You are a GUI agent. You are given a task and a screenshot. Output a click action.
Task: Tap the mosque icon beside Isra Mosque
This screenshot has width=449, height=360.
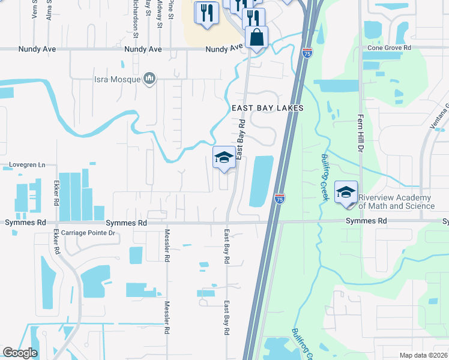pos(149,78)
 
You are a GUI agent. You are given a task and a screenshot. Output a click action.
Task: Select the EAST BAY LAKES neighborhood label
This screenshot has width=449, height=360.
pos(268,108)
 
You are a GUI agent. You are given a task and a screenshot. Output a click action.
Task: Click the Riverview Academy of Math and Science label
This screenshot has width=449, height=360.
pos(396,202)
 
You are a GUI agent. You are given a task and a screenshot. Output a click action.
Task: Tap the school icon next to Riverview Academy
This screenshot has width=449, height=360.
pos(346,192)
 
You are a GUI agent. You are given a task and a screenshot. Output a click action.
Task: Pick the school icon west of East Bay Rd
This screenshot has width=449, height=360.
pos(224,158)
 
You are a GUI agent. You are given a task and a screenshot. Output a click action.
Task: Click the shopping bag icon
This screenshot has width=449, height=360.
pos(256,37)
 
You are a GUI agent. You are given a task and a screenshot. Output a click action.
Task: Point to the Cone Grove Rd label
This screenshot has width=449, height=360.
pos(389,47)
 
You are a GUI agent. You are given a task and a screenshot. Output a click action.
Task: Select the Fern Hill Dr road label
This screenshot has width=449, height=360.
pos(361,131)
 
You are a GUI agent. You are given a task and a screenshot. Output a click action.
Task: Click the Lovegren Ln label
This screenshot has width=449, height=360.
pos(28,164)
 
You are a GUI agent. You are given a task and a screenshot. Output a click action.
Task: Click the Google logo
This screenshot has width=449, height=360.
pos(20,352)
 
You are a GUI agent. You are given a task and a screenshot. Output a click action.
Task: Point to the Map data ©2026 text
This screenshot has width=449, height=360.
pos(423,355)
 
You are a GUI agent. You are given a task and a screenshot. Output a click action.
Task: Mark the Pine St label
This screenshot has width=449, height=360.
pos(171,7)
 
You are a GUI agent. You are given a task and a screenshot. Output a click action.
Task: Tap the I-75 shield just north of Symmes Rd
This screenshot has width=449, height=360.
pos(280,198)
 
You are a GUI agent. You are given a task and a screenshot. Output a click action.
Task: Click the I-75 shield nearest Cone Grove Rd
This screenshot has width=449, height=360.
pos(307,52)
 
